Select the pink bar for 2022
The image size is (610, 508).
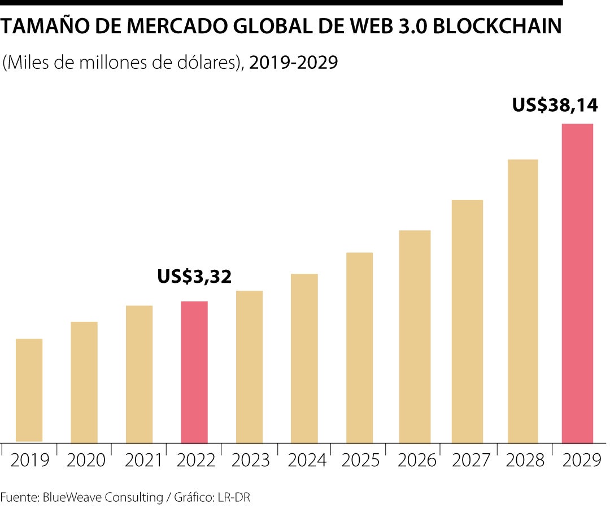194,373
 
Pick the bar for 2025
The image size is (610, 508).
359,348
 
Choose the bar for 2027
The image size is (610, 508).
467,322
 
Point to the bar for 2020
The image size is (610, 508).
84,383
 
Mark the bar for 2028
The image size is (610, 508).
522,301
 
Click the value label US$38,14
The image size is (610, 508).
555,106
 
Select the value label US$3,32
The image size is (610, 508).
195,277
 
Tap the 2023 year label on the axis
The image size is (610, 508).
250,460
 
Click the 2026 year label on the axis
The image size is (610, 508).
417,460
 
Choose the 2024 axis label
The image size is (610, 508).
307,460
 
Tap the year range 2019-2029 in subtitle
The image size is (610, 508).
294,62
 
